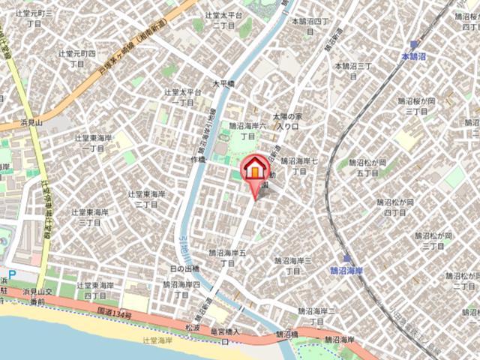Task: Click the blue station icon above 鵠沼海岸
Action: pyautogui.click(x=347, y=258)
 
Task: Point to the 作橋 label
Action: pyautogui.click(x=198, y=160)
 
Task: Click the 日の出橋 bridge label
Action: pyautogui.click(x=185, y=268)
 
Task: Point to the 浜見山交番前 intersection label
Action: pyautogui.click(x=39, y=296)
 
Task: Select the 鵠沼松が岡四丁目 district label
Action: pyautogui.click(x=395, y=207)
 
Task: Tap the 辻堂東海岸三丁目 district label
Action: pyautogui.click(x=145, y=198)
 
